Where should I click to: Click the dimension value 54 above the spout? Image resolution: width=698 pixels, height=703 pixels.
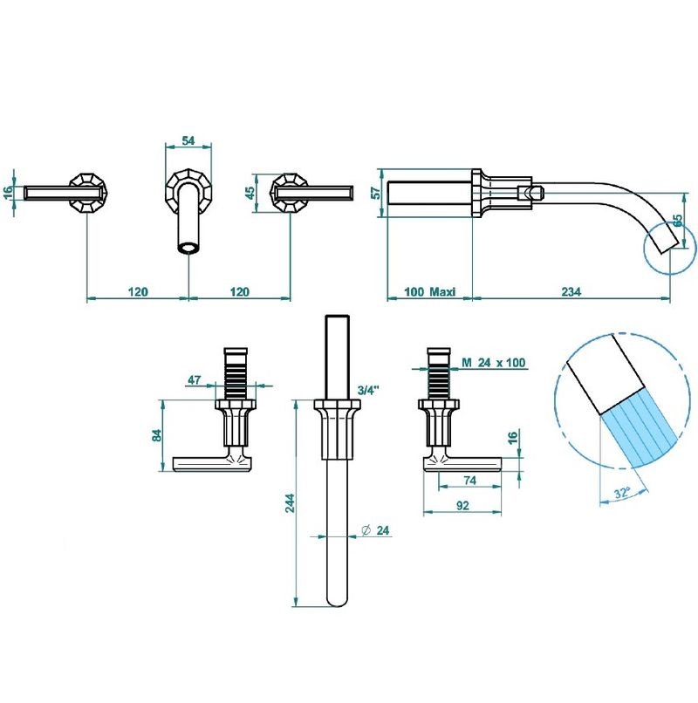pos(188,140)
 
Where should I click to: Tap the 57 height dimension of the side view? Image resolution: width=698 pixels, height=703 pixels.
pos(377,193)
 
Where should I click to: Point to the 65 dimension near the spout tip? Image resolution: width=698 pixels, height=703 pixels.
pos(678,220)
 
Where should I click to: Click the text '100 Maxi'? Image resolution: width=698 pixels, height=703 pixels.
pos(430,292)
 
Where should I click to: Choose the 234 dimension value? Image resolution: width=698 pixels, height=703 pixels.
pos(571,292)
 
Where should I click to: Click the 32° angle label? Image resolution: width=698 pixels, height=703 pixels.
pos(622,493)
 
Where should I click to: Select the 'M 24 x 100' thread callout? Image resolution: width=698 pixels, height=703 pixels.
pos(494,362)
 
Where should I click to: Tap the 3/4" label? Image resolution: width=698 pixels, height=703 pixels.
pos(369,390)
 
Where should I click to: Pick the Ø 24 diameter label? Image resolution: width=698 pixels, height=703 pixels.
pos(375,530)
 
